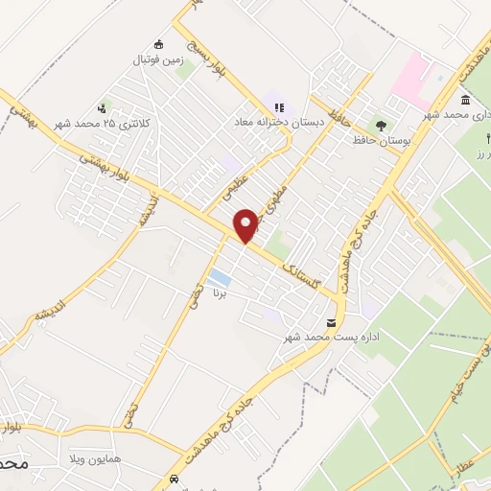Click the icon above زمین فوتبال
[x=159, y=44]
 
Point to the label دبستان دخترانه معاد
[x=279, y=123]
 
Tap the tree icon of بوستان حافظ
[x=381, y=125]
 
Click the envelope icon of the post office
[x=332, y=323]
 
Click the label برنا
[x=219, y=295]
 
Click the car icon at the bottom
[x=173, y=478]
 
